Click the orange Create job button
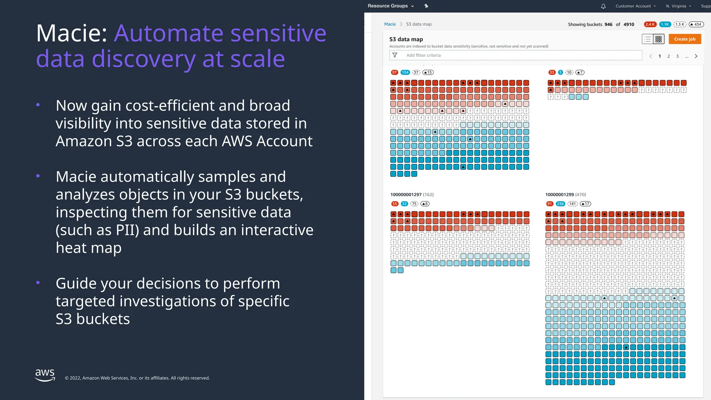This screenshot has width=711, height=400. pyautogui.click(x=685, y=39)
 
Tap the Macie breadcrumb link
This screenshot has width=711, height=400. pyautogui.click(x=390, y=24)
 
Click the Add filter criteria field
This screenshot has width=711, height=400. pyautogui.click(x=516, y=55)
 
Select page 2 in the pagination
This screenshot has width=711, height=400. pyautogui.click(x=669, y=56)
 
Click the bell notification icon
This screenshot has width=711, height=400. pyautogui.click(x=603, y=6)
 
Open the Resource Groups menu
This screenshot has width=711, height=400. pyautogui.click(x=391, y=6)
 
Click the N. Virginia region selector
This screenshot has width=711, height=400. pyautogui.click(x=678, y=6)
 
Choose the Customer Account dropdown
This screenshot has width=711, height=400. pyautogui.click(x=635, y=6)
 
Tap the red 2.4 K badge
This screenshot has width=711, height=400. pyautogui.click(x=650, y=24)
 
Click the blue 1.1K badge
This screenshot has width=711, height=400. pyautogui.click(x=665, y=24)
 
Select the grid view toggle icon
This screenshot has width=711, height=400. pyautogui.click(x=659, y=39)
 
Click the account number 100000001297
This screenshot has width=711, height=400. pyautogui.click(x=406, y=194)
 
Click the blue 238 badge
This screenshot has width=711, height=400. pyautogui.click(x=560, y=204)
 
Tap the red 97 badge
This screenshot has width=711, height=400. pyautogui.click(x=394, y=73)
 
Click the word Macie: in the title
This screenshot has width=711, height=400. pyautogui.click(x=72, y=33)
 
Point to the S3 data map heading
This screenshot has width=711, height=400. pyautogui.click(x=406, y=39)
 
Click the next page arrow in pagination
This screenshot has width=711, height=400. pyautogui.click(x=696, y=56)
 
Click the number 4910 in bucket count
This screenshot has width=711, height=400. pyautogui.click(x=629, y=24)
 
